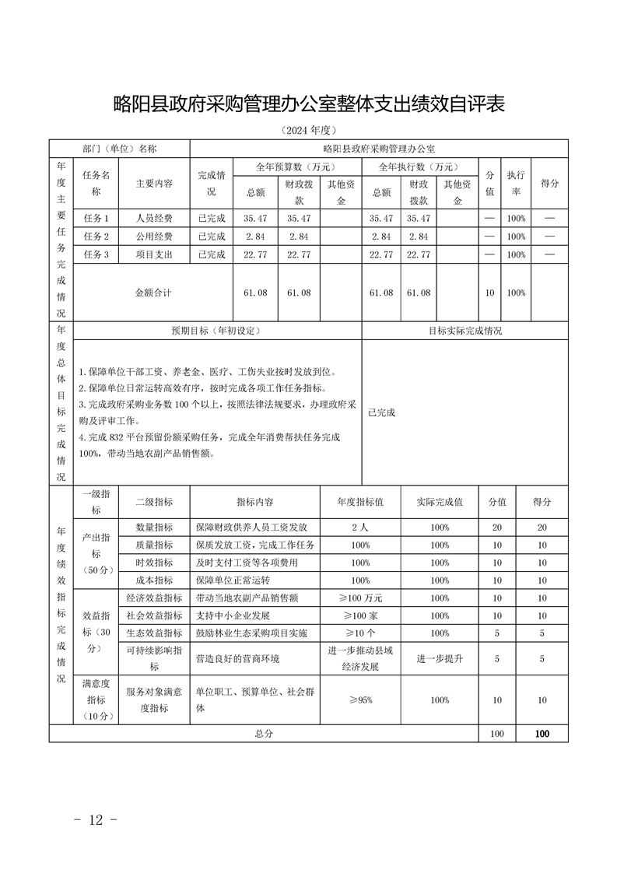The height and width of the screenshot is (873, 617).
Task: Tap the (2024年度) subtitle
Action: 309,130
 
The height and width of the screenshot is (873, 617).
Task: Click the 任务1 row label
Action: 95,218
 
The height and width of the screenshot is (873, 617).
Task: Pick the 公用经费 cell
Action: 154,236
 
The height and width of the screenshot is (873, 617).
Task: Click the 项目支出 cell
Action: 154,254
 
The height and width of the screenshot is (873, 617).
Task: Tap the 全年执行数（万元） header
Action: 418,167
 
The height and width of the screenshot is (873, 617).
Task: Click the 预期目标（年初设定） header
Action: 216,331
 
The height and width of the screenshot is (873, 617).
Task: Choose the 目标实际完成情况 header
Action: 465,331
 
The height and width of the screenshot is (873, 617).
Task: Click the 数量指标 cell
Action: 154,527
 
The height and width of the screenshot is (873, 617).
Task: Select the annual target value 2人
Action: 360,527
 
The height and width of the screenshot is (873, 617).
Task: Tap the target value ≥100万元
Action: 360,598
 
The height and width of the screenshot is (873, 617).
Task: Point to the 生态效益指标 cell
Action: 154,633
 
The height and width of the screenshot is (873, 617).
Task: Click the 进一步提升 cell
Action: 440,658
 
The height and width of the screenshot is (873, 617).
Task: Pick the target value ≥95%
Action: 360,700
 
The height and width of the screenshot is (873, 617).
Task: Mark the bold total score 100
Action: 542,734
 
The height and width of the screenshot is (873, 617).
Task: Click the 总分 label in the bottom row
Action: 265,734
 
